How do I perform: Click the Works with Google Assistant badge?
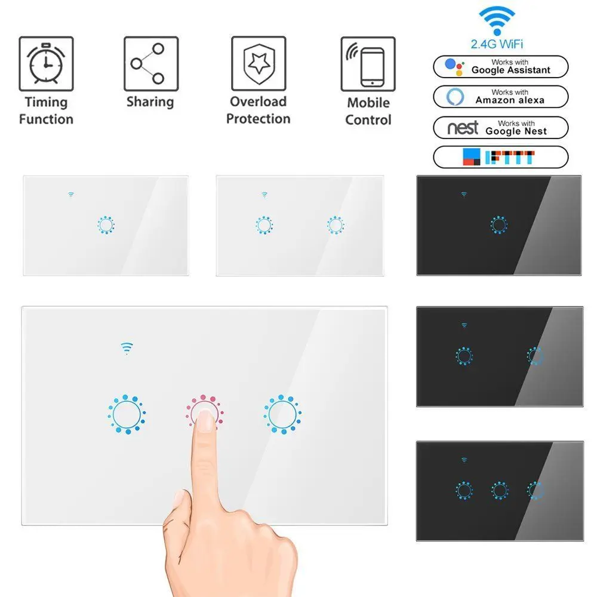click(x=500, y=66)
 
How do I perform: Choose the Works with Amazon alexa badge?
click(x=500, y=97)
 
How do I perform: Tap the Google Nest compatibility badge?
click(x=500, y=127)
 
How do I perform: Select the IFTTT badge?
click(x=500, y=157)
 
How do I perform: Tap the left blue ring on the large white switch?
click(x=127, y=413)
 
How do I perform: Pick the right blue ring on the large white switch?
click(x=282, y=413)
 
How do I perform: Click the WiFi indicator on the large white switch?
click(x=127, y=348)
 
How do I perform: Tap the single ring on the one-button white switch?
click(x=106, y=226)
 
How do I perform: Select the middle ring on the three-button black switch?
click(x=500, y=491)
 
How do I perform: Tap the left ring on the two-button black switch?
click(x=463, y=356)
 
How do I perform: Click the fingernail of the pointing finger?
click(x=206, y=423)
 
